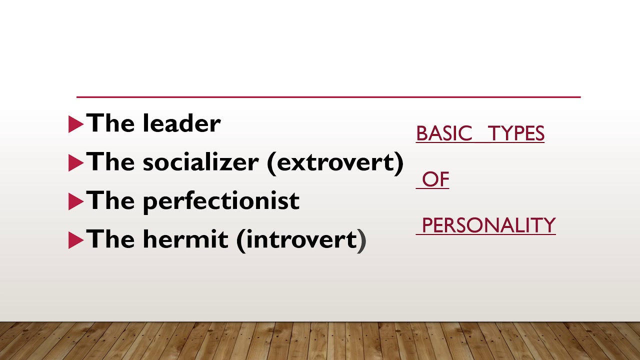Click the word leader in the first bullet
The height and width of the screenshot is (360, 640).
pos(181,123)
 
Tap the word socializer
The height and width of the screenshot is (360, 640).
pos(200,161)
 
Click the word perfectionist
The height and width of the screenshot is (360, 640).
pos(221,201)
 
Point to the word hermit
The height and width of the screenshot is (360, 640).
pos(185,239)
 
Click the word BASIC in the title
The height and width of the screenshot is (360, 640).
pos(444,133)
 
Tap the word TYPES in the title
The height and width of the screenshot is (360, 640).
pos(516,133)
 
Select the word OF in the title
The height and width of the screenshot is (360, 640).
pos(435,179)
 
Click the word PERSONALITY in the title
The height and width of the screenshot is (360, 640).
pos(488,225)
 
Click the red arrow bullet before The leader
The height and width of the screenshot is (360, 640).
pos(75,124)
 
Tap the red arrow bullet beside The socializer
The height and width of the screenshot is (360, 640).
pos(75,163)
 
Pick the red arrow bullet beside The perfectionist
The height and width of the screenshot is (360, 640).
pos(75,201)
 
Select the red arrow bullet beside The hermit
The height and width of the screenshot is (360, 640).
pos(75,240)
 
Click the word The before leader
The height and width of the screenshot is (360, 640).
pos(111,123)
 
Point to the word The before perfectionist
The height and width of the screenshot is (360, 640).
pos(111,200)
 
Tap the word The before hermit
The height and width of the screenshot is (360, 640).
pos(111,239)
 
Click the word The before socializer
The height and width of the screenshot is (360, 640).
pos(111,161)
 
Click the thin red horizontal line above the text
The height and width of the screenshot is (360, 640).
pos(328,97)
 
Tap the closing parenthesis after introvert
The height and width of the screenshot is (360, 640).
pos(362,240)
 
